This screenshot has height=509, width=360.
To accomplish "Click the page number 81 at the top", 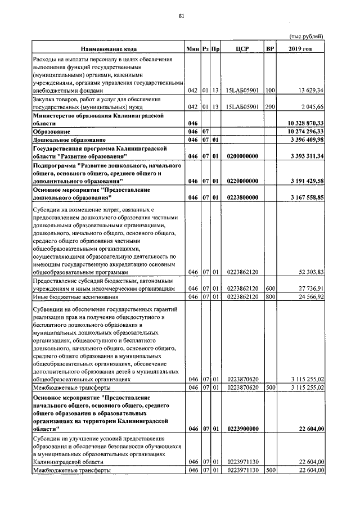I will (181, 16).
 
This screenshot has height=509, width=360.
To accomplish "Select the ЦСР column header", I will (242, 49).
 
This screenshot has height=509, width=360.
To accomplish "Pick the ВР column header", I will (270, 49).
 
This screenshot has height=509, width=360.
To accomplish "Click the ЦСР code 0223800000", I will (242, 198).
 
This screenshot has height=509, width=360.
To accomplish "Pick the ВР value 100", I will (270, 90).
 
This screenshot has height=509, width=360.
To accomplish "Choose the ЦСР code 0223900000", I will (242, 429).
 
